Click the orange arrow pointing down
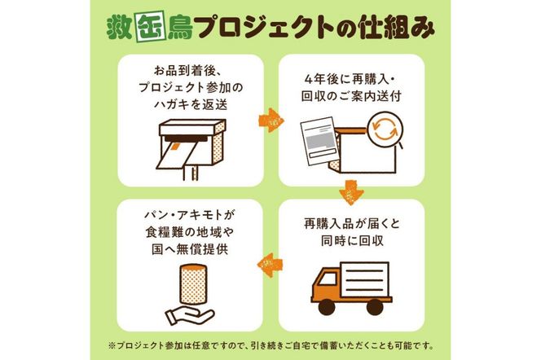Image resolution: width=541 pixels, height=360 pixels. (x=351, y=192)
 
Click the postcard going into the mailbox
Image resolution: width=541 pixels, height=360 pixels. (x=174, y=156)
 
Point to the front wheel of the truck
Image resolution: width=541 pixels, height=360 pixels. (x=326, y=307)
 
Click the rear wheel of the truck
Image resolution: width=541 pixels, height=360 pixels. (x=375, y=307)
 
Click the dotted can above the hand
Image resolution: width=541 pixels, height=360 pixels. (x=193, y=283)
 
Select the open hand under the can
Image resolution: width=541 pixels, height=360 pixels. (x=189, y=315)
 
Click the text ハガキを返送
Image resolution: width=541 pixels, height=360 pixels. (x=191, y=104)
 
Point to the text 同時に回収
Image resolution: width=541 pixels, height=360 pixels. (x=352, y=241)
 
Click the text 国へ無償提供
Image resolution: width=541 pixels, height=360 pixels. (x=190, y=249)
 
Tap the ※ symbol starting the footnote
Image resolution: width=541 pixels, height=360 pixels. (x=112, y=345)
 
